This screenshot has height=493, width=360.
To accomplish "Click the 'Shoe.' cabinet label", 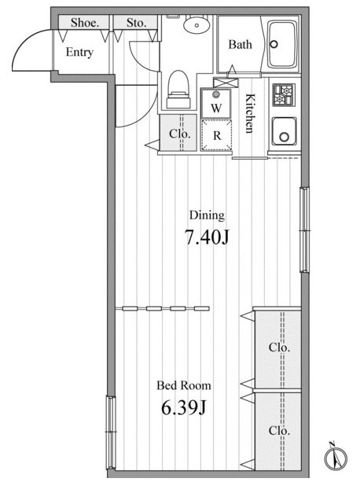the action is [85, 23].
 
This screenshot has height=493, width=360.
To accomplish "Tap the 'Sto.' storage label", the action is [137, 23].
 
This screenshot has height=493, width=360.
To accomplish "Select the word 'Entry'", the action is [79, 52].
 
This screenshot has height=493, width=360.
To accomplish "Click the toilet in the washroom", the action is [178, 90].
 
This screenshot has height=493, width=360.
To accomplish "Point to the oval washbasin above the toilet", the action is [197, 24].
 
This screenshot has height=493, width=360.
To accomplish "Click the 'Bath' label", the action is [241, 44].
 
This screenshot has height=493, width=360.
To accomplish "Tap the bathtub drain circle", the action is [274, 44].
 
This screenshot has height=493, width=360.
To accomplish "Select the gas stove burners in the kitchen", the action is [284, 95].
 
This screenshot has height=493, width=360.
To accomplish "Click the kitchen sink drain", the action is [284, 137].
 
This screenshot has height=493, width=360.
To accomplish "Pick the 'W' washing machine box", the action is [216, 103].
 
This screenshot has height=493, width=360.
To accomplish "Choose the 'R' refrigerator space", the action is [216, 135].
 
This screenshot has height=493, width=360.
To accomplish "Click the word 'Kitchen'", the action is [249, 113].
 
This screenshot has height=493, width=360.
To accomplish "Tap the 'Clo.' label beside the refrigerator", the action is [180, 134].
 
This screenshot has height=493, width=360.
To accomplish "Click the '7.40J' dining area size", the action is [206, 237].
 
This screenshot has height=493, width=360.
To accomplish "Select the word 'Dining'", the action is [207, 216].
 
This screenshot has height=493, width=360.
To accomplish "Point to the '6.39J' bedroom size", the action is [183, 408].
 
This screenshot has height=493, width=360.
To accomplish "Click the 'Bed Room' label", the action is [184, 385].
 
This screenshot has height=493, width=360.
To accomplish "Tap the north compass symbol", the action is [336, 458].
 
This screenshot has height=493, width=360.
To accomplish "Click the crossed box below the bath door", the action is [226, 83].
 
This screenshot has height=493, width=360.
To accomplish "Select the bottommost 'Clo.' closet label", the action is [279, 430].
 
